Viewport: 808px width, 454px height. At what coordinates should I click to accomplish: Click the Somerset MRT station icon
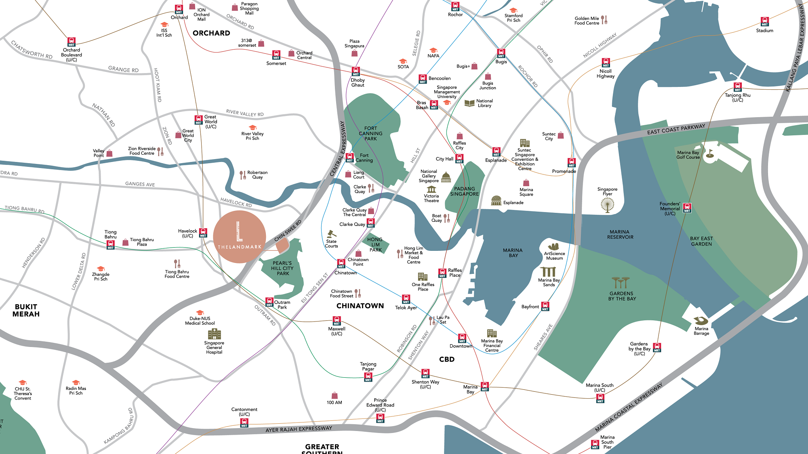(276, 55)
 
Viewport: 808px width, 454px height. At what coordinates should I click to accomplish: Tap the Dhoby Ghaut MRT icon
(356, 71)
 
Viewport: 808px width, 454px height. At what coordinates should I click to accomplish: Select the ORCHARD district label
(211, 33)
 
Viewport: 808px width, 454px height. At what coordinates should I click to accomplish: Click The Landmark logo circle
(240, 237)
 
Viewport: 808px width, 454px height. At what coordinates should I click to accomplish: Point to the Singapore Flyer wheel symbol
(607, 205)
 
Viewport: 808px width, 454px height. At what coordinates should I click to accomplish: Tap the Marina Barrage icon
(701, 321)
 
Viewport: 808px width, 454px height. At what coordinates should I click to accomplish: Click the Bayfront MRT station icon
(545, 306)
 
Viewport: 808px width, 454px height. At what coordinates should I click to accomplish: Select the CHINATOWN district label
(360, 306)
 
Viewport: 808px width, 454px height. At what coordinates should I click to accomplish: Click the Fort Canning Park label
(370, 133)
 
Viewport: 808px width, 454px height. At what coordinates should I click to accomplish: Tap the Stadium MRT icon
(765, 22)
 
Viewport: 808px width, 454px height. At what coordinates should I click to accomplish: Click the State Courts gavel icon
(331, 234)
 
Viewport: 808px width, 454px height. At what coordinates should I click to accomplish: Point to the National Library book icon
(469, 103)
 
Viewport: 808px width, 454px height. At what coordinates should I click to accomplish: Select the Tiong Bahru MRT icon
(110, 244)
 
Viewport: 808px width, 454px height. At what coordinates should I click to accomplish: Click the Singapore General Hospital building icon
(214, 334)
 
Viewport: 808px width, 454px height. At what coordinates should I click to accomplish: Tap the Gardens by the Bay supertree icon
(621, 282)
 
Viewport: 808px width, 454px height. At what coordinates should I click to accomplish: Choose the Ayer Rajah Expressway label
(299, 429)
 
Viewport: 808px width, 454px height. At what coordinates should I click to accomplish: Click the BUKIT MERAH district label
(26, 310)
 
